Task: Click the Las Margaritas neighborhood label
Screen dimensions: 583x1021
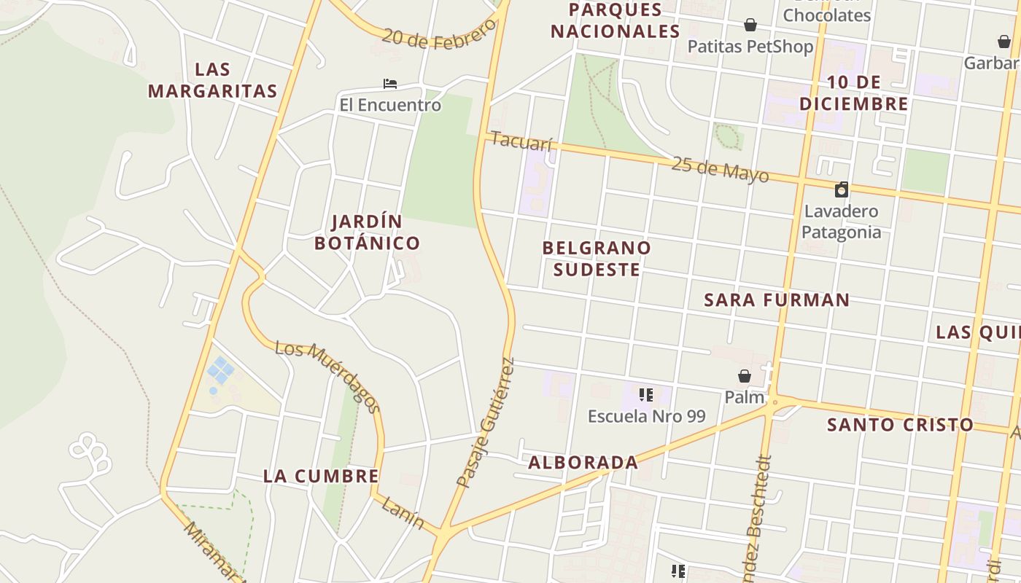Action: [212, 80]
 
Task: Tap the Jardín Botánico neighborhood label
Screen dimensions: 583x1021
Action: [367, 232]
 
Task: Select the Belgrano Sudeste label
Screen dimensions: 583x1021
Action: [597, 259]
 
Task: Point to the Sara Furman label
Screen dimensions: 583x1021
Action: [777, 300]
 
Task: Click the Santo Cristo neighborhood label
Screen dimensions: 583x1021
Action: [900, 425]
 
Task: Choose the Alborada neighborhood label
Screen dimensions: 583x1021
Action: [583, 463]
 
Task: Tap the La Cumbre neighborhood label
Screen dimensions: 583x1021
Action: [321, 477]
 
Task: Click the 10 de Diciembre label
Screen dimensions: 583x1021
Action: [854, 93]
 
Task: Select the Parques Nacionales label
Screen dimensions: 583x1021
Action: [615, 20]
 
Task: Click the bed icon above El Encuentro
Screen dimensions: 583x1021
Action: [390, 84]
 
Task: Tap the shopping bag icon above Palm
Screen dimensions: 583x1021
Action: [745, 376]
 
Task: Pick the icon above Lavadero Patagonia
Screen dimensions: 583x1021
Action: [842, 190]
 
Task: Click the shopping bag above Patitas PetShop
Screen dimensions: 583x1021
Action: [750, 26]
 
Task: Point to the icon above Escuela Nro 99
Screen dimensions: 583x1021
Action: [645, 395]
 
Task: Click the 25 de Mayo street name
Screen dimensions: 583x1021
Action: [720, 169]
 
